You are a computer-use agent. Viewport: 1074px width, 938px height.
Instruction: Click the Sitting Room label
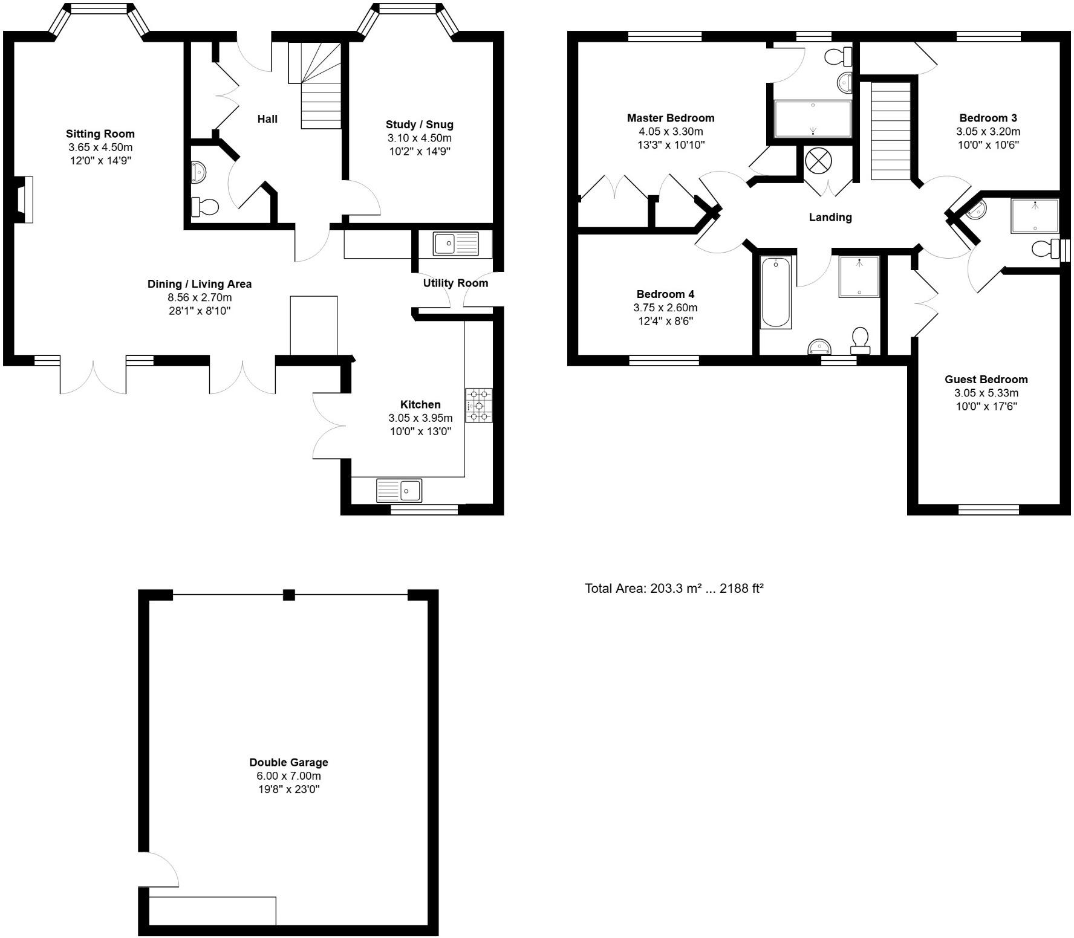(100, 134)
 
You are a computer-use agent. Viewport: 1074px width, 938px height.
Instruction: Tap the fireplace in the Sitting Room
(24, 199)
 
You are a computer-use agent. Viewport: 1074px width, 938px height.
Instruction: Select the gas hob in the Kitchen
(479, 405)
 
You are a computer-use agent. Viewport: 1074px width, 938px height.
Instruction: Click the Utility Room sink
(455, 244)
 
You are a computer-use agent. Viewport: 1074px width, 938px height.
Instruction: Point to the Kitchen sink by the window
(399, 490)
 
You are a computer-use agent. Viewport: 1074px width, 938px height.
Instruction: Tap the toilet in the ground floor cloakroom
(204, 207)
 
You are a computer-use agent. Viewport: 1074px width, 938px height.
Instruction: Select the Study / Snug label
(419, 125)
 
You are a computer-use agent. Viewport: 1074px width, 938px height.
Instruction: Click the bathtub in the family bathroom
(776, 292)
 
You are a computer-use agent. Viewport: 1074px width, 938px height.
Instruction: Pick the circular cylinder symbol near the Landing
(818, 162)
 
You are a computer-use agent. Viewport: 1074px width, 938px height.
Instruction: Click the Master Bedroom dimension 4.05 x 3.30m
(671, 131)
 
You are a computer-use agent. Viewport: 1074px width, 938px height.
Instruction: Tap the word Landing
(830, 217)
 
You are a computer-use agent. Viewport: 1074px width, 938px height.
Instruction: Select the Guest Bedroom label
(986, 379)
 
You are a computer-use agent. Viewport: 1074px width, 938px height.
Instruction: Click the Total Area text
(674, 588)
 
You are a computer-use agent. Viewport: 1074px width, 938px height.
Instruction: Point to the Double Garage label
(288, 762)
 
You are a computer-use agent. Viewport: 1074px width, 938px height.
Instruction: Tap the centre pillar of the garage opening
(289, 595)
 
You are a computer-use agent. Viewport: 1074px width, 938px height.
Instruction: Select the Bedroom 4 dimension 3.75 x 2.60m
(665, 308)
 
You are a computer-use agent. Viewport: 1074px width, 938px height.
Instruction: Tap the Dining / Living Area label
(200, 283)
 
